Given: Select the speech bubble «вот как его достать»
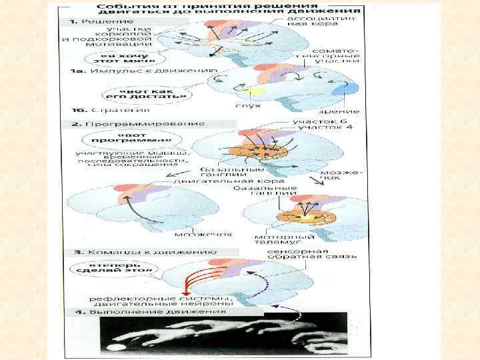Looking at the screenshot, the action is (x=151, y=93).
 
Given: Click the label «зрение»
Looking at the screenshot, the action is (x=343, y=111).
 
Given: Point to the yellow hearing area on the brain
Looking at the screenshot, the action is (x=250, y=89).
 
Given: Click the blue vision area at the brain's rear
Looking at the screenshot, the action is (x=349, y=87).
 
